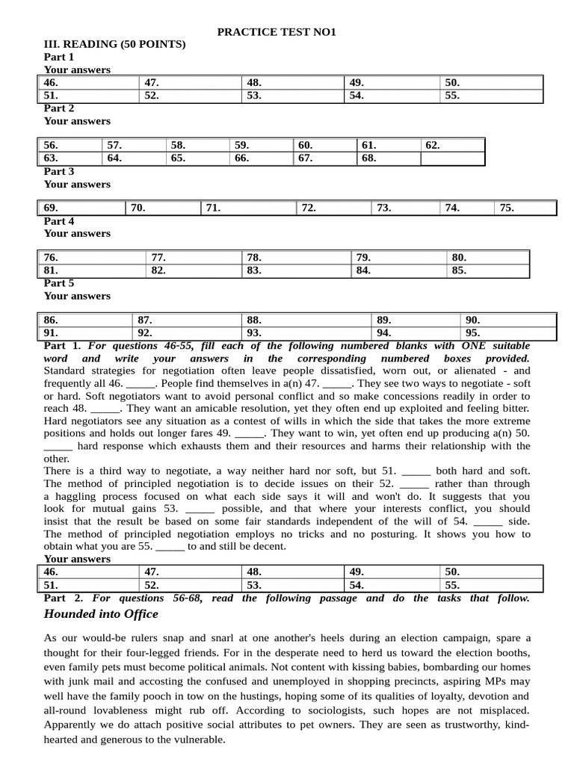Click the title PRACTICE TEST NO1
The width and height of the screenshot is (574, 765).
[277, 32]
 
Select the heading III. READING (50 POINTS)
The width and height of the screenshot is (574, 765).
[115, 45]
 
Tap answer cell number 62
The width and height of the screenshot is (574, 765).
[453, 145]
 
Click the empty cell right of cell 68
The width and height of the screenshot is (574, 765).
[453, 158]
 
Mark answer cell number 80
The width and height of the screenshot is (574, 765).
[488, 258]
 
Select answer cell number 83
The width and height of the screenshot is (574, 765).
[297, 270]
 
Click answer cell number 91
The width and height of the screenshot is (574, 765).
[85, 333]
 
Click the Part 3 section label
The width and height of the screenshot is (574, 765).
[59, 171]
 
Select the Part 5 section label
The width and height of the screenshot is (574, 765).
[59, 283]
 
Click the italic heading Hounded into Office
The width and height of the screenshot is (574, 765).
[101, 614]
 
